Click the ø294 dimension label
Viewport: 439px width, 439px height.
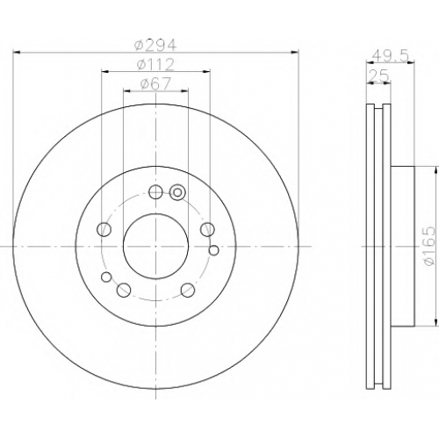click(155, 45)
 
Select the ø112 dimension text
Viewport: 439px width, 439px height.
click(155, 65)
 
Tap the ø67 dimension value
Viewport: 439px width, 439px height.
click(155, 84)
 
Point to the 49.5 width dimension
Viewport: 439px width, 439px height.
click(391, 56)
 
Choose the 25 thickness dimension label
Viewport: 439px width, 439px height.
click(378, 76)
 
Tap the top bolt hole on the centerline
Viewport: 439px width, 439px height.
click(155, 192)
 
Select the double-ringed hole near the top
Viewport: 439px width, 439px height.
click(177, 192)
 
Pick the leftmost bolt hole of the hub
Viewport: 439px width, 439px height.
click(104, 229)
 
